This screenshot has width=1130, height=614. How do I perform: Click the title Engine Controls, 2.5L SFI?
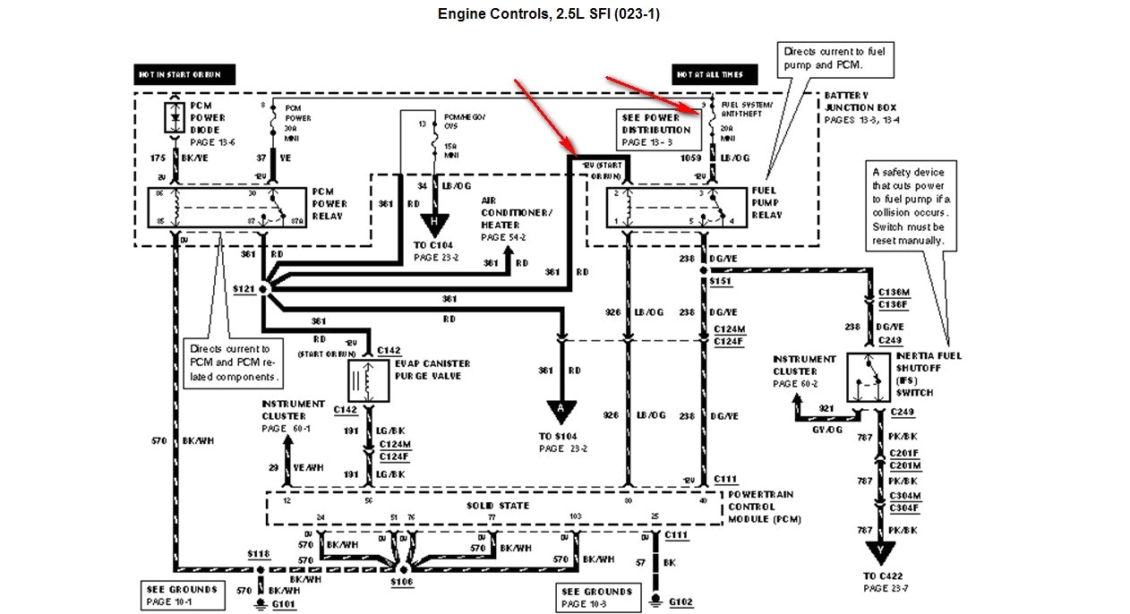549,14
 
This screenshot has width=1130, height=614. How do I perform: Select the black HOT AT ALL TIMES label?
714,74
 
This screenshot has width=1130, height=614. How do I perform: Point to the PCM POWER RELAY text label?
330,203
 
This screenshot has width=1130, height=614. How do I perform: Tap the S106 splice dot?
404,568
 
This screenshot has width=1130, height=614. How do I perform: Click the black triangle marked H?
434,222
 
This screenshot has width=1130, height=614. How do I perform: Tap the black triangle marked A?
561,412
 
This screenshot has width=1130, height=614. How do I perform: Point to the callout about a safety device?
908,206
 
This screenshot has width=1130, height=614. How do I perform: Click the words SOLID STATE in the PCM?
498,506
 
